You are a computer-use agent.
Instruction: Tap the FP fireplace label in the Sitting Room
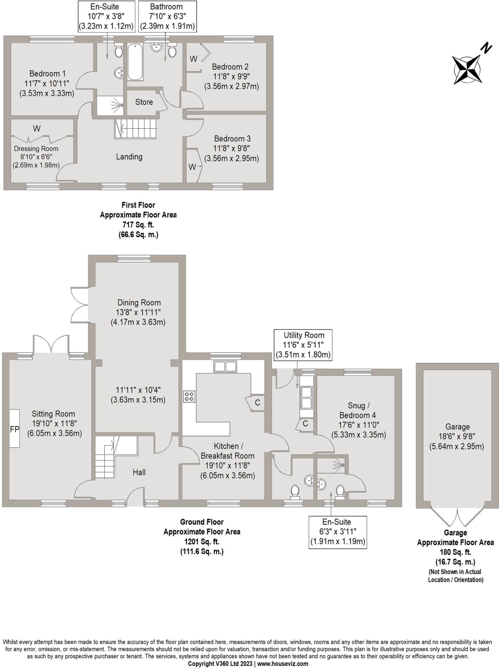14,429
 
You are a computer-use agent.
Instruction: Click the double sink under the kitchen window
225,367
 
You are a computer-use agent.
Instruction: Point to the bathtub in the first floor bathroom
135,62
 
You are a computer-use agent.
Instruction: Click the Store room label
144,102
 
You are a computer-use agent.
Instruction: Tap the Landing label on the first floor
129,157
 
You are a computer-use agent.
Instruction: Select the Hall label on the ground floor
139,472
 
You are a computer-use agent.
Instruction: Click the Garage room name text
457,427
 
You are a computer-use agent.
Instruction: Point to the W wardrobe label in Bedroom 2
193,59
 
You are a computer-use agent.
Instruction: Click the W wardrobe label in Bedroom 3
192,167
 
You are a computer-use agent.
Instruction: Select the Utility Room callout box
303,345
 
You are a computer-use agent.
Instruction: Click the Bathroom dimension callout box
167,16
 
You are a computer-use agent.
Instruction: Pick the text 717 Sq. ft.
138,225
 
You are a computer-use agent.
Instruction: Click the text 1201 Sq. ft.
202,542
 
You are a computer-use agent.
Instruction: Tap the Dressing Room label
36,149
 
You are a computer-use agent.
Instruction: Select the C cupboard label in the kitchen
257,402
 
